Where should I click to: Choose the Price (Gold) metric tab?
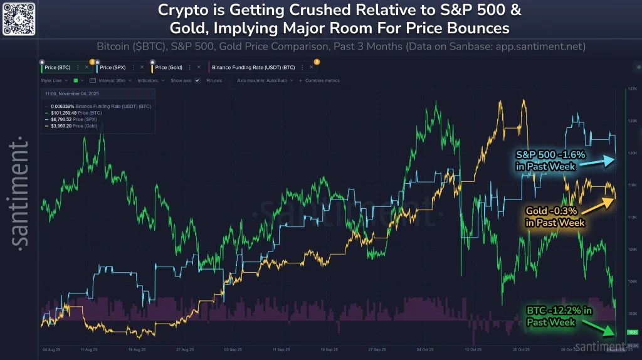[x=169, y=66]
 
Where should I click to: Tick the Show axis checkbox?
[x=197, y=81]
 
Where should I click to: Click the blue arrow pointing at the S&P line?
[x=596, y=162]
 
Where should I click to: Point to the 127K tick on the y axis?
[x=631, y=89]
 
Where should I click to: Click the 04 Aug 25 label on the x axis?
[x=51, y=349]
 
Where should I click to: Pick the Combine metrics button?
[x=322, y=81]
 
